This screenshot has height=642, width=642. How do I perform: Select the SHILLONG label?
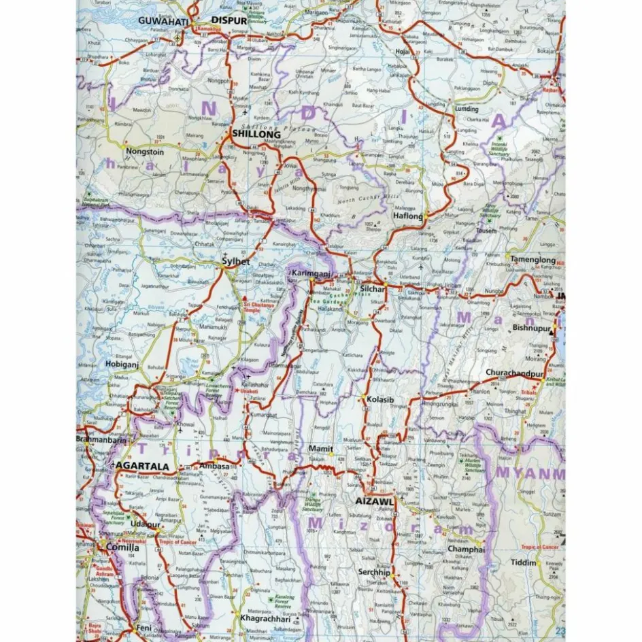[256, 135]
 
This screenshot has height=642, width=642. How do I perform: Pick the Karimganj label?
[310, 273]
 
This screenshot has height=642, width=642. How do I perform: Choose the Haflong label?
[408, 216]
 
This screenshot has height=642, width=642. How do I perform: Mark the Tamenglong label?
[532, 258]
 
